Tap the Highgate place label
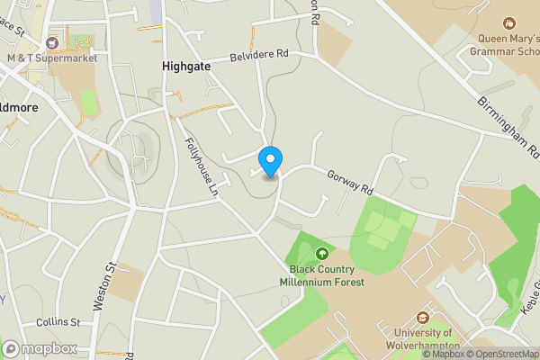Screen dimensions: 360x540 pyautogui.click(x=187, y=66)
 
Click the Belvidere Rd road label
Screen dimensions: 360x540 pyautogui.click(x=258, y=54)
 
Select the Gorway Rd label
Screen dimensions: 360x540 pyautogui.click(x=349, y=183)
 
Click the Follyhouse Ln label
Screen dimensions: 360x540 pyautogui.click(x=202, y=167)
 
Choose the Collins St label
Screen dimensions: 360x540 pyautogui.click(x=58, y=322)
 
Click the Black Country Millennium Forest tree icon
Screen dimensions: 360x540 pyautogui.click(x=321, y=254)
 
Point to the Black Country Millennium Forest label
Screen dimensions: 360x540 pyautogui.click(x=327, y=275)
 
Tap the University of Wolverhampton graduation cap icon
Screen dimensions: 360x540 pyautogui.click(x=421, y=317)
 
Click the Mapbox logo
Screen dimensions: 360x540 pyautogui.click(x=40, y=348)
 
